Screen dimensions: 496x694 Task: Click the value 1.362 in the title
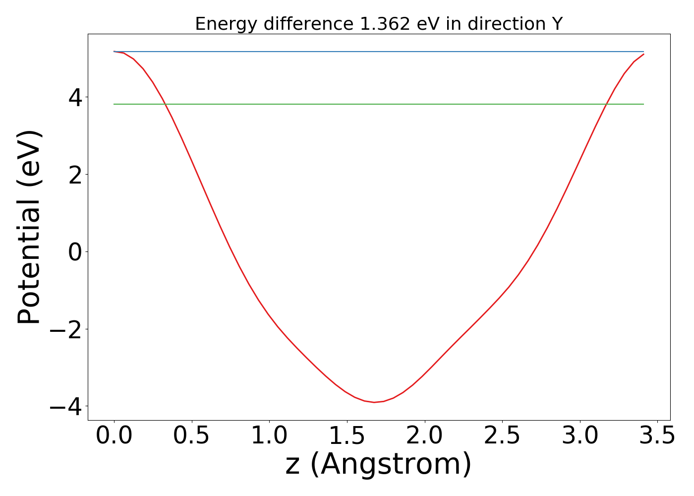coord(385,24)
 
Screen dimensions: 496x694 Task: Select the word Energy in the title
coord(226,24)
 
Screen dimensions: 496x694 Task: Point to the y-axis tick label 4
coord(75,97)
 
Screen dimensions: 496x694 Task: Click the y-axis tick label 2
coord(75,175)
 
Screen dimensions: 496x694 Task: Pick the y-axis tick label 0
coord(75,252)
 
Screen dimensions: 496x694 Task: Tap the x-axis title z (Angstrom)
coord(379,465)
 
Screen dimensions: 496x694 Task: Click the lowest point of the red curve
coord(374,402)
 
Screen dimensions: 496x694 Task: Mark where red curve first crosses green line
coord(166,104)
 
